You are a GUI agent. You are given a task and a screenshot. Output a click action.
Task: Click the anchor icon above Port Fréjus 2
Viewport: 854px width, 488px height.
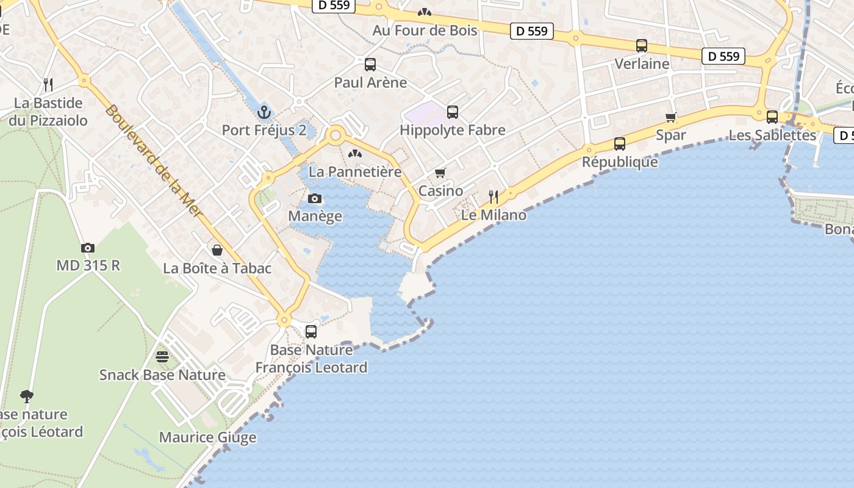pos(264,112)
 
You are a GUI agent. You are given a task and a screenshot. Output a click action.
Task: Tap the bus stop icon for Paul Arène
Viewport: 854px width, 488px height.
pos(370,65)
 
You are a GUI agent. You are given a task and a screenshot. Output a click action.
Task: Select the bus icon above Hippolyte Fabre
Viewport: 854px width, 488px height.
pos(452,112)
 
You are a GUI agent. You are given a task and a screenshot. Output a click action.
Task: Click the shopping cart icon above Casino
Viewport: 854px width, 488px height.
pos(440,173)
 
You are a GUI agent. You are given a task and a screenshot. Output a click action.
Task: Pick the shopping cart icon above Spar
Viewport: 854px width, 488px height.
pos(671,117)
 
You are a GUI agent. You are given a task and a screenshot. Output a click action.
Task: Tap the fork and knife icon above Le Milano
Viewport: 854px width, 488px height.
pos(493,196)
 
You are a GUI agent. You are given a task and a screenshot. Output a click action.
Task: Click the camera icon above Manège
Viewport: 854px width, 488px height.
pos(315,198)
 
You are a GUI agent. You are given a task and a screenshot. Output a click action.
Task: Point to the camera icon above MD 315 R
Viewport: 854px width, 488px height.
pos(88,248)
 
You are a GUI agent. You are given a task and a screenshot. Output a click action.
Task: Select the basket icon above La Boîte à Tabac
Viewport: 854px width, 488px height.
pos(217,250)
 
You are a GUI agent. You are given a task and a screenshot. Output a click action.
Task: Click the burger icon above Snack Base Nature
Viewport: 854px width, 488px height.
pos(162,356)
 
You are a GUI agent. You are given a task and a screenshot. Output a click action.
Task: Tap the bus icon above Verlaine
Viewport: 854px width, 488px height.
pos(642,46)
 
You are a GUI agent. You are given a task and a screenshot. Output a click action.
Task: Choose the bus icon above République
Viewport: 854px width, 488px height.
pos(620,144)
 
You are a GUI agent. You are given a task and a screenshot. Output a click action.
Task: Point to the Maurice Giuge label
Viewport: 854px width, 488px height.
pos(207,437)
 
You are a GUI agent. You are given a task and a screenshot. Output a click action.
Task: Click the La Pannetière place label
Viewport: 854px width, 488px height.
pos(355,172)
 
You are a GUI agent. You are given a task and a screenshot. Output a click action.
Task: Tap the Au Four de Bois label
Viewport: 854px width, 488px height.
pos(425,30)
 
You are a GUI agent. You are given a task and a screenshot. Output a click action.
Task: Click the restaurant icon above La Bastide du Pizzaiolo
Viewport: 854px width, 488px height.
pos(48,84)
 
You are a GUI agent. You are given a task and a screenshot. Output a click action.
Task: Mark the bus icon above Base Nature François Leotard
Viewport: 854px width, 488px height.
pos(311,332)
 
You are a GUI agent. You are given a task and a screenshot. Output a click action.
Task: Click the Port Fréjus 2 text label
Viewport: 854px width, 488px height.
pos(264,130)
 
